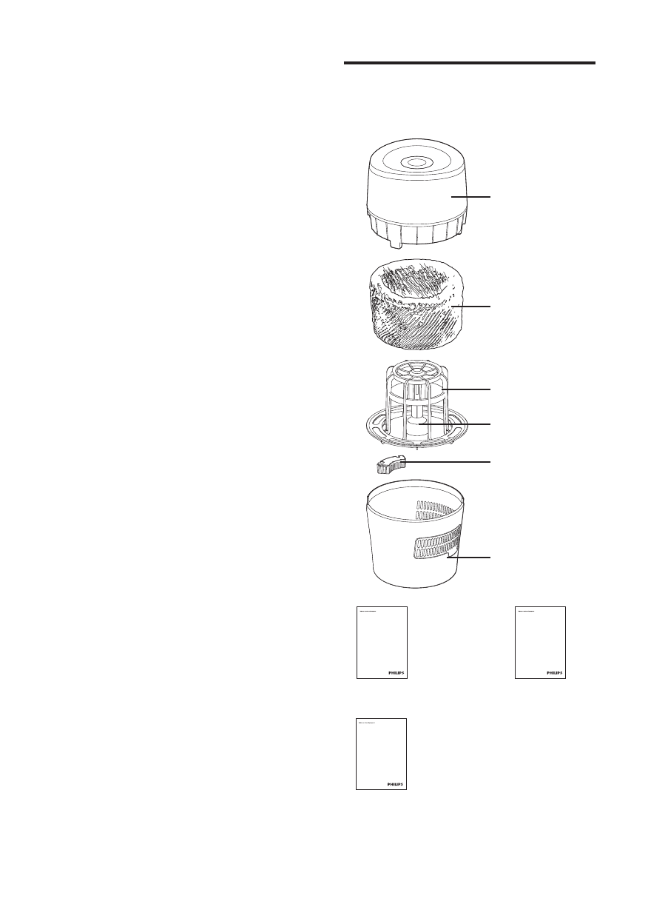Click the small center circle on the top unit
[416, 161]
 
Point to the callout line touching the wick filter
[474, 306]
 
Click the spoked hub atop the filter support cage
[417, 368]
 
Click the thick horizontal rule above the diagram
[470, 64]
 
